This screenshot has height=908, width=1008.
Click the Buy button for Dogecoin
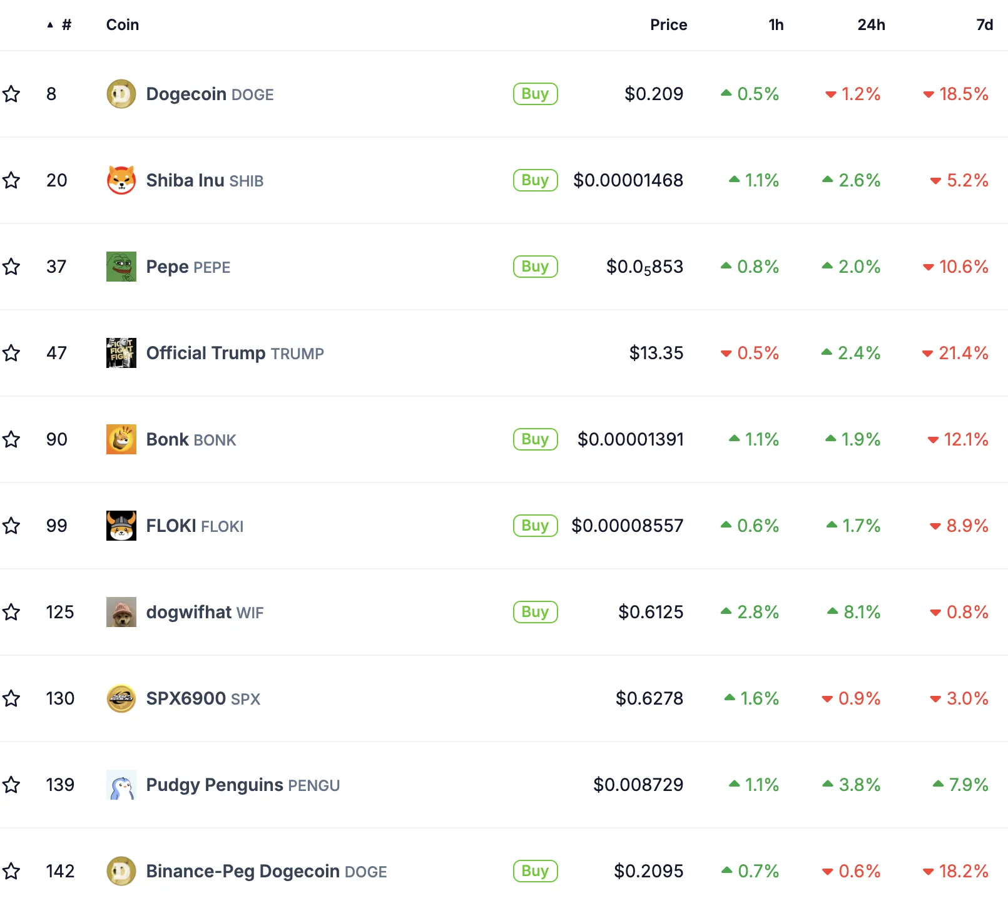[535, 94]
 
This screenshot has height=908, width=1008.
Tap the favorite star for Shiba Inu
[11, 181]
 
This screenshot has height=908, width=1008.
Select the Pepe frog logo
[121, 267]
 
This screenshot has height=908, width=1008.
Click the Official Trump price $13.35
[656, 353]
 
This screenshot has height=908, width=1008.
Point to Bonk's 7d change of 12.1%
[958, 439]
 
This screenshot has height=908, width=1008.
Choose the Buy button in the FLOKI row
[535, 526]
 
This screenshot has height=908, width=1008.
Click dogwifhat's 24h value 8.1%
[854, 612]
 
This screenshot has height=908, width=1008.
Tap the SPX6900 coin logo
[121, 698]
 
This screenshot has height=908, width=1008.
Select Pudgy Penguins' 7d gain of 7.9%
[960, 785]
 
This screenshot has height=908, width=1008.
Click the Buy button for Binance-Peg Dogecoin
[535, 871]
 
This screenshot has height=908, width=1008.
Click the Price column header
[668, 25]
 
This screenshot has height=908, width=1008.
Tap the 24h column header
[871, 25]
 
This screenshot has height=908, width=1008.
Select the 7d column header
[984, 25]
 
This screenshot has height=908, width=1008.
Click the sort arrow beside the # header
[50, 25]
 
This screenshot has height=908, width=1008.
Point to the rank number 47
[56, 353]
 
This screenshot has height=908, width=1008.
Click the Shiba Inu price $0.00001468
[628, 180]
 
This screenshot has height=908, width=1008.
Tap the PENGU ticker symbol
[314, 785]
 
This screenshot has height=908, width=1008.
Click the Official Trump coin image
[121, 353]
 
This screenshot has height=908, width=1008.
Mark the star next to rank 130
[11, 698]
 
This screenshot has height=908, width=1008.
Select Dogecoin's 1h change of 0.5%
[750, 94]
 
